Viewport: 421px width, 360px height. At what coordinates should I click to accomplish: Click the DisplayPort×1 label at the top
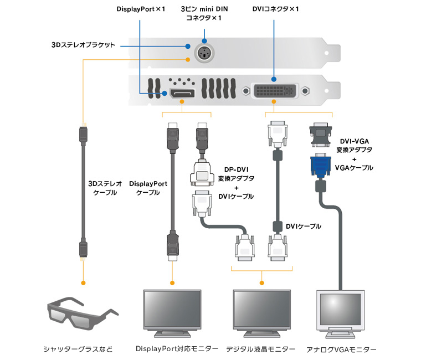141,10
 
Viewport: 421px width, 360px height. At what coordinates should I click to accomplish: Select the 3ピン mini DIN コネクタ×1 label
204,14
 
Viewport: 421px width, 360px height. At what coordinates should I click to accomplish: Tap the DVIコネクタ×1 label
275,10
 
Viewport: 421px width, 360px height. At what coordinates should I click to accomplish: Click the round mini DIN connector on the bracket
204,54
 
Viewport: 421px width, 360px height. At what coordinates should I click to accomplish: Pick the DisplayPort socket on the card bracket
183,92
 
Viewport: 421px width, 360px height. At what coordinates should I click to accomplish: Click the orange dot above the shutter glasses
83,283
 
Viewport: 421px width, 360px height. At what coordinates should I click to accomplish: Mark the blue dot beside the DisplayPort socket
165,92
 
